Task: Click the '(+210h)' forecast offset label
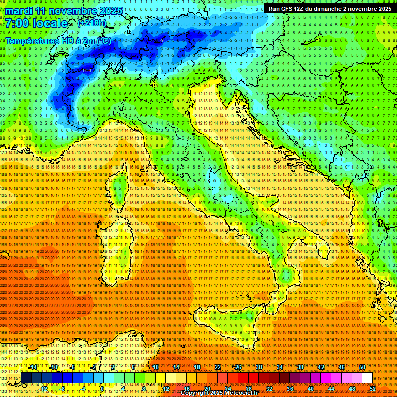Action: point(92,23)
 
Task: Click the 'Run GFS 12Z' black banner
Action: point(330,9)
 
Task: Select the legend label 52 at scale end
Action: point(373,389)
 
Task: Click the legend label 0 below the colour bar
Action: point(102,389)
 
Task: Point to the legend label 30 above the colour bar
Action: point(259,367)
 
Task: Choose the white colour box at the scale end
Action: point(367,378)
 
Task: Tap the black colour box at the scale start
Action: point(26,378)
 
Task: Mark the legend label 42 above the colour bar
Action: point(321,367)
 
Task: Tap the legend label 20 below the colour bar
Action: point(207,389)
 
